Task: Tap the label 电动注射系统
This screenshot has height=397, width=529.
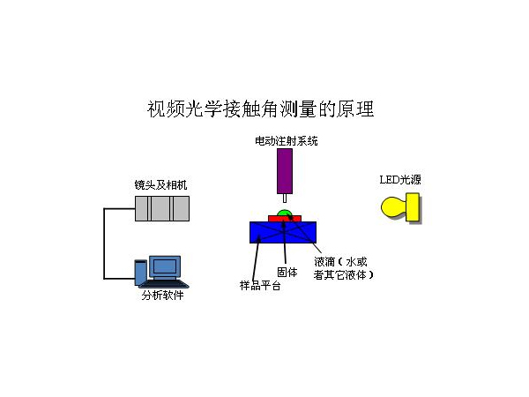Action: coord(285,140)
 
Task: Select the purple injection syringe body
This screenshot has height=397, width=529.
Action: coord(285,171)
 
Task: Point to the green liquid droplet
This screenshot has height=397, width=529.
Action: coord(283,213)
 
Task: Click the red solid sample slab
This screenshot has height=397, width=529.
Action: coord(284,219)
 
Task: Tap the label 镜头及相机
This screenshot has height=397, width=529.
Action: coord(160,185)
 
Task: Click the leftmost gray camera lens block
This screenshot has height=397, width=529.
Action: coord(144,208)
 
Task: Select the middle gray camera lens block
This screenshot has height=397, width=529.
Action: coord(162,208)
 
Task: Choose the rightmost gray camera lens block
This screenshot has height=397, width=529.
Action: coord(181,208)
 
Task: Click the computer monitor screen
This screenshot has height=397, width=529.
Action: coord(165,266)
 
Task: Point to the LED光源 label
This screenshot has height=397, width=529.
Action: coord(400,181)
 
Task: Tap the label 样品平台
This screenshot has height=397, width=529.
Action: coord(258,286)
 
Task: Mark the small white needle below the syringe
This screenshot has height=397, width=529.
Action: coord(284,199)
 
